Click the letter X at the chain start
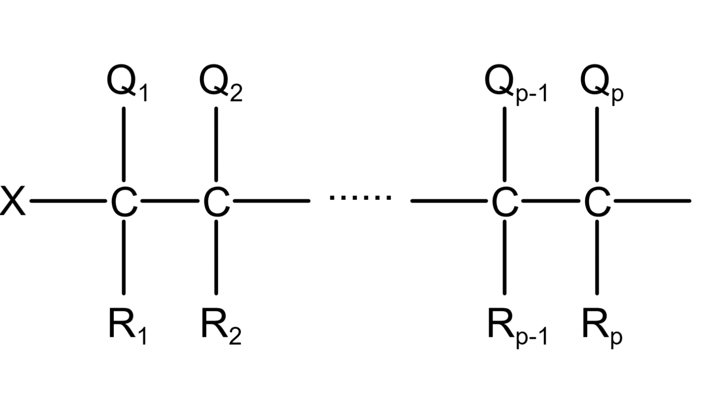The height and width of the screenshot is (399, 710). pos(13,201)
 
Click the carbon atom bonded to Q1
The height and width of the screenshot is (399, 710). pos(124,201)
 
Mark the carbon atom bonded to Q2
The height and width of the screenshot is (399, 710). pos(216,201)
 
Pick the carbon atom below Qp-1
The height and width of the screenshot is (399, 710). pos(505,201)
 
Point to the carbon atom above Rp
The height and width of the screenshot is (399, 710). pos(597,201)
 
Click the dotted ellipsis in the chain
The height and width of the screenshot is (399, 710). pos(360,197)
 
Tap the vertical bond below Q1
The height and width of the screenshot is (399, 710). pos(124,144)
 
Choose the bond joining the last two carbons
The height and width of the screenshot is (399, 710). pos(551,201)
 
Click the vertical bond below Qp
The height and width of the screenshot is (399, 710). pos(597,144)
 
